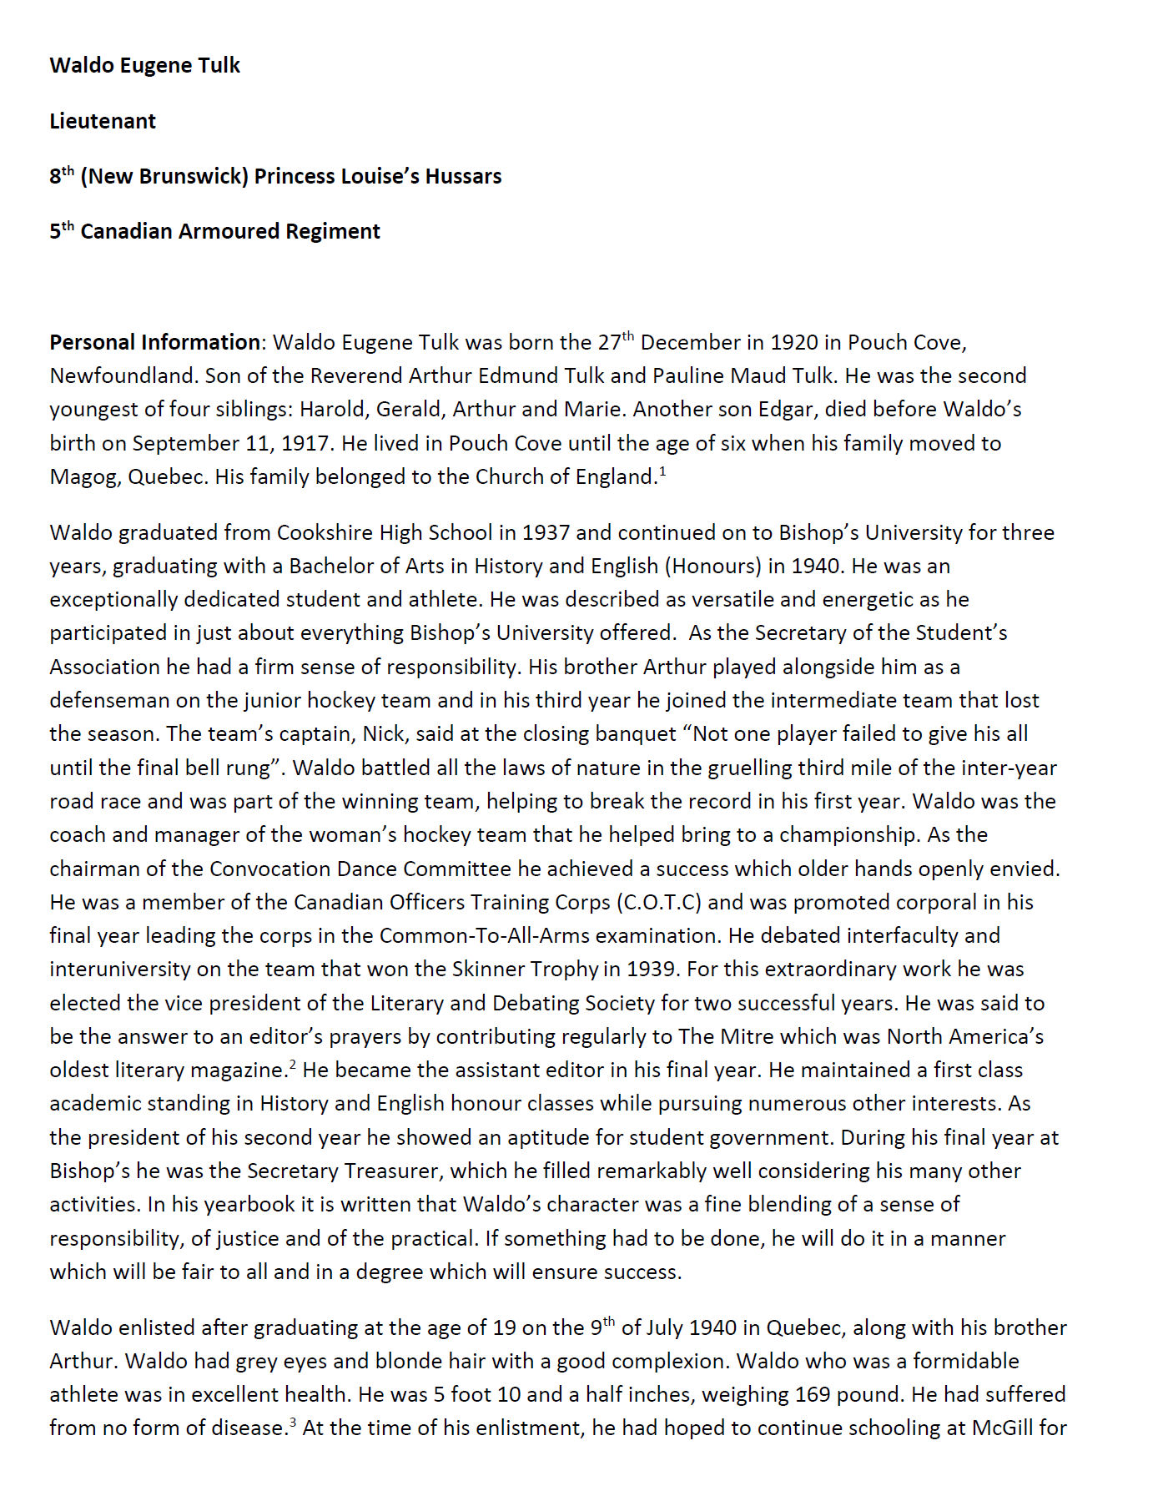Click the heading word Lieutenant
[x=103, y=121]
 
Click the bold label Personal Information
[x=154, y=342]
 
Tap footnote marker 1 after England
[x=662, y=471]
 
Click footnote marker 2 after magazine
[x=293, y=1065]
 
